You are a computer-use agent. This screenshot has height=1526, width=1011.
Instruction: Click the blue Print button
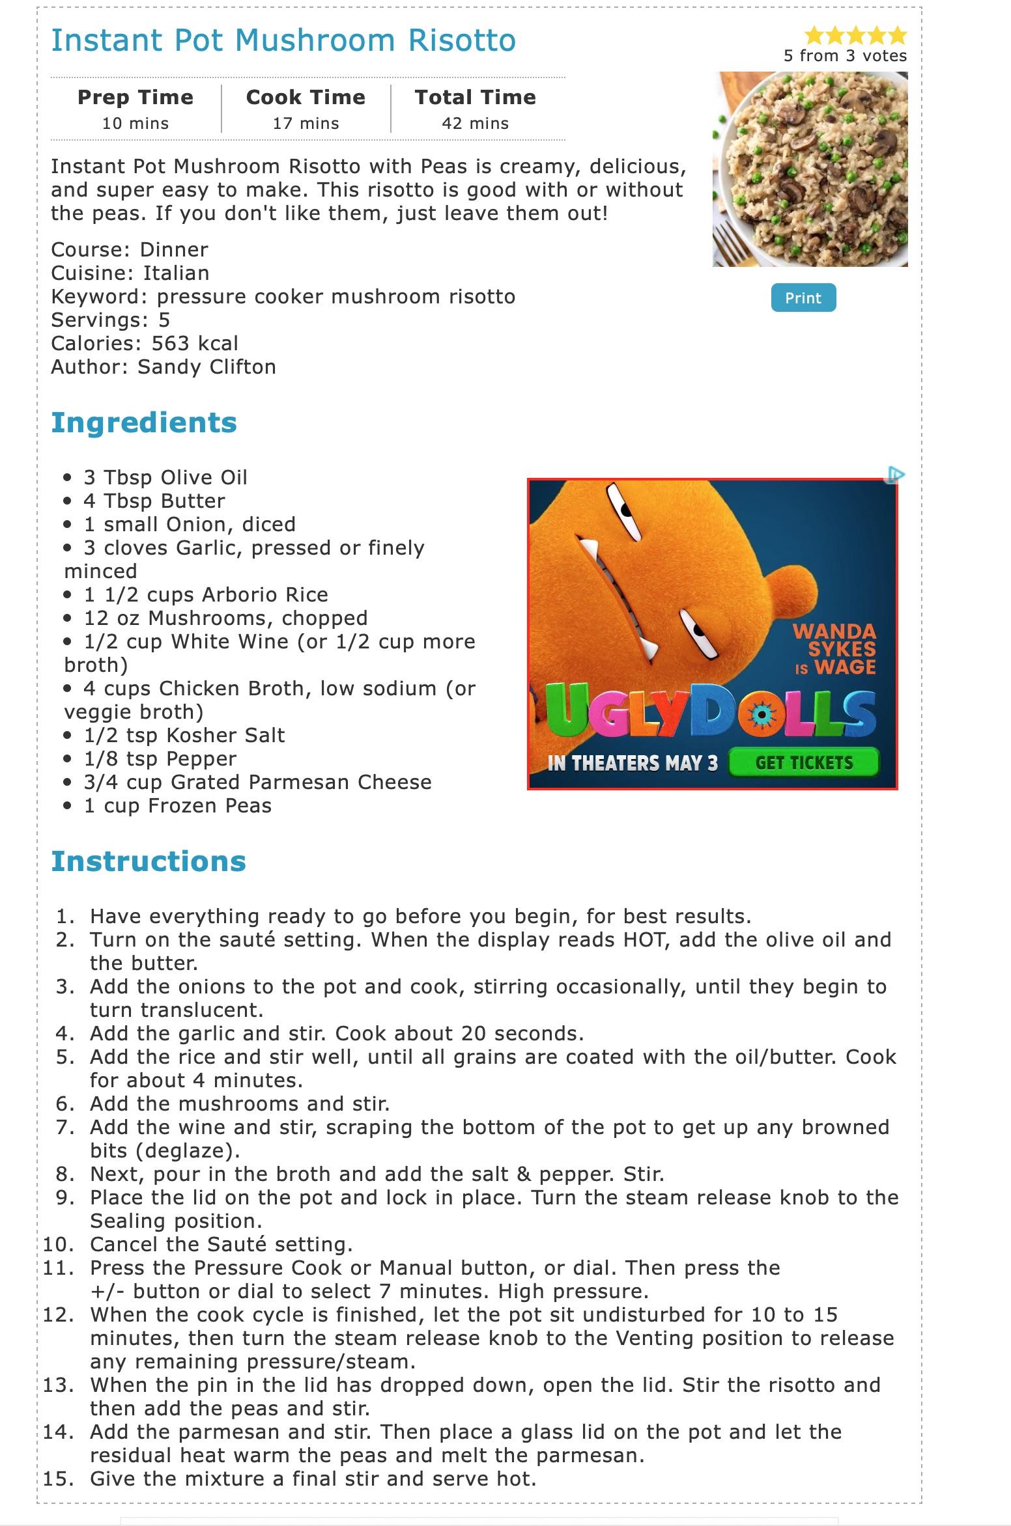tap(803, 298)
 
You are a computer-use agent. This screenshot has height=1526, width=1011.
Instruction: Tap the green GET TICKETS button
tap(804, 762)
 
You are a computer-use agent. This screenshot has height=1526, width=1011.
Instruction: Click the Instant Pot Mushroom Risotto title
tap(283, 40)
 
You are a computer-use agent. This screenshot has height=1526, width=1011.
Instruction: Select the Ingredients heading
tap(144, 423)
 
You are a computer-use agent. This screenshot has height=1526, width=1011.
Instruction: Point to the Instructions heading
tap(149, 861)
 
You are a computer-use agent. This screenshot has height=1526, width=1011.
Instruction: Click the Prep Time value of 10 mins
tap(135, 123)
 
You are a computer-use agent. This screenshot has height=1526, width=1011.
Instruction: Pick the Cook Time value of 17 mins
tap(306, 123)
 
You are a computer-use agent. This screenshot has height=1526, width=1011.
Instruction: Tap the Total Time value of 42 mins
tap(475, 123)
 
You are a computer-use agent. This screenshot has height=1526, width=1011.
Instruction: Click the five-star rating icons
tap(855, 35)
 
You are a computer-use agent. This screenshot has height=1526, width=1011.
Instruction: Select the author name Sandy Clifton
tap(206, 367)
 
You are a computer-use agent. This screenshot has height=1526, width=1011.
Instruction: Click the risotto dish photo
tap(810, 169)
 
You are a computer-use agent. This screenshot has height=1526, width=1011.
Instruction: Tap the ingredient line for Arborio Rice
tap(206, 594)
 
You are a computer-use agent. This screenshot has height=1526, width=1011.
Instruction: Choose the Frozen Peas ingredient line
tap(177, 805)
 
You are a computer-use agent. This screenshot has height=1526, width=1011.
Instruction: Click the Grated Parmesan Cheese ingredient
tap(257, 782)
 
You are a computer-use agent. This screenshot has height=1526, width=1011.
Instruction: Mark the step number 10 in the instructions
tap(57, 1244)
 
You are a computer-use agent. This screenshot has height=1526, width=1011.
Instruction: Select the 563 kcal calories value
tap(195, 343)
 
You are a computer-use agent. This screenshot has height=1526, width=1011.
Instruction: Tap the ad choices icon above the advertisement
tap(896, 475)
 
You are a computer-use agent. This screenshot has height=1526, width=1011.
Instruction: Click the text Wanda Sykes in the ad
tap(834, 640)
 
